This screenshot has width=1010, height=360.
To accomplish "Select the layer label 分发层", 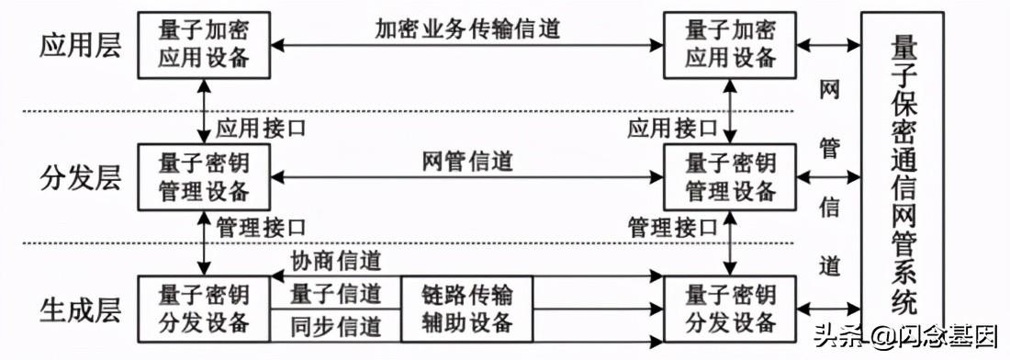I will (80, 177).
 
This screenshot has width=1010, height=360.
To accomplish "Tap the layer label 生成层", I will (80, 309).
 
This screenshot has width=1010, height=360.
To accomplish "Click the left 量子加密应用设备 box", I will (204, 43).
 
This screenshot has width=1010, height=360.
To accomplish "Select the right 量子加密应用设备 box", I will (731, 43).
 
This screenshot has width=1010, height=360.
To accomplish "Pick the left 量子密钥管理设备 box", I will (204, 177).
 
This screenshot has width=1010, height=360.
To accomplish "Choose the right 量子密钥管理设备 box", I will (731, 177).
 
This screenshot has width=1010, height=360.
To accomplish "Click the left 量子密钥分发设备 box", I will (204, 309).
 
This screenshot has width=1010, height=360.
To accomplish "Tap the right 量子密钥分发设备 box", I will (731, 309).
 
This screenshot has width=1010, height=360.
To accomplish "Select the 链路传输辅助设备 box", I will (466, 309).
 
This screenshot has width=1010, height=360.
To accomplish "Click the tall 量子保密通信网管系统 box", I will (902, 174).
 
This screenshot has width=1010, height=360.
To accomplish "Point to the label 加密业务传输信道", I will (467, 28).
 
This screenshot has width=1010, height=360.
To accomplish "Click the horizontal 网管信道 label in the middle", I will (467, 162).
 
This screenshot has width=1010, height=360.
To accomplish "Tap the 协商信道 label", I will (337, 262).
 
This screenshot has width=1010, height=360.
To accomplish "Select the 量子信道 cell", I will (336, 294).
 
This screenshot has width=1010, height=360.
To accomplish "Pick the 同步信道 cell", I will (336, 324).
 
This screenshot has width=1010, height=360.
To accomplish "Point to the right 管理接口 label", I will (672, 226).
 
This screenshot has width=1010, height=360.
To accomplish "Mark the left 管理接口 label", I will (261, 226).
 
